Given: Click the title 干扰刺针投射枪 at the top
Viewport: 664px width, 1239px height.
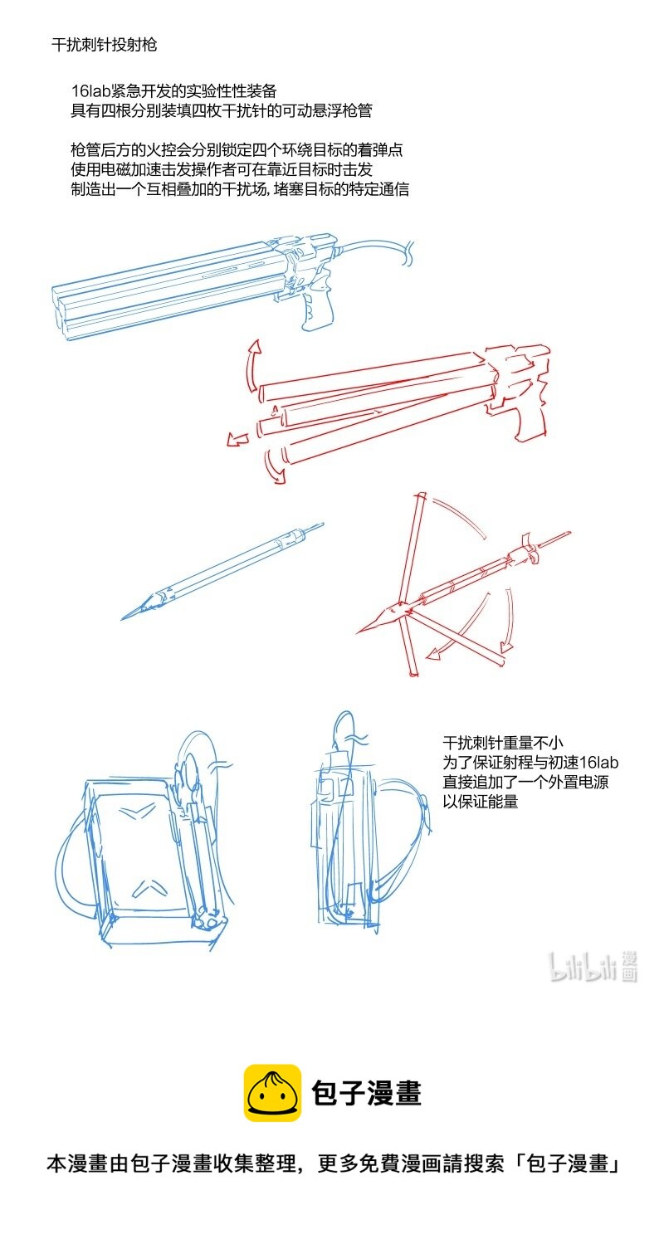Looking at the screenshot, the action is point(104,45).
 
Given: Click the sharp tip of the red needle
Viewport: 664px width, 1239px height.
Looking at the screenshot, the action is point(361,632).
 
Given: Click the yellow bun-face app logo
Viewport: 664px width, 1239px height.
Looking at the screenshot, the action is point(271,1093).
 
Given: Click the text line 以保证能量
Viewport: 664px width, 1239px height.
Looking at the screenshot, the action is point(481,802).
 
